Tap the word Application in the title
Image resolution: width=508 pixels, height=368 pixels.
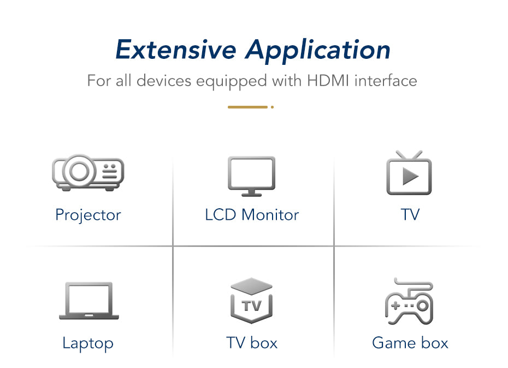(x=318, y=51)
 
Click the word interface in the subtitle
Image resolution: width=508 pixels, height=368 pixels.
(x=386, y=81)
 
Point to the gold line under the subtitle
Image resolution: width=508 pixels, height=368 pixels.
(x=247, y=107)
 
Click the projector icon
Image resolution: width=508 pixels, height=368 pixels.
(x=88, y=172)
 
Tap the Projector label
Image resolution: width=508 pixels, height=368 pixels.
(x=88, y=215)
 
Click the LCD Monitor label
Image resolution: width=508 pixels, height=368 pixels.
(x=252, y=215)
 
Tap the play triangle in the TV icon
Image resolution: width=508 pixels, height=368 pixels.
(x=410, y=176)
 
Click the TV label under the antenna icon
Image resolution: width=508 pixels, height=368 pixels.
(x=410, y=215)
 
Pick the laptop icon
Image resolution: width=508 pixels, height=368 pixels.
(x=89, y=300)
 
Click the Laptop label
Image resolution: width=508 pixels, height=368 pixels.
(x=88, y=343)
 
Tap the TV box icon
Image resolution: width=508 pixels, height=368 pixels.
(x=252, y=300)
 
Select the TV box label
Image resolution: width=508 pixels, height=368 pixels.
(x=252, y=343)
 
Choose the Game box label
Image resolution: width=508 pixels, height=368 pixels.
(x=410, y=343)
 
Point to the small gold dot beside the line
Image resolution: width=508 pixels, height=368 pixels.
(x=272, y=107)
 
